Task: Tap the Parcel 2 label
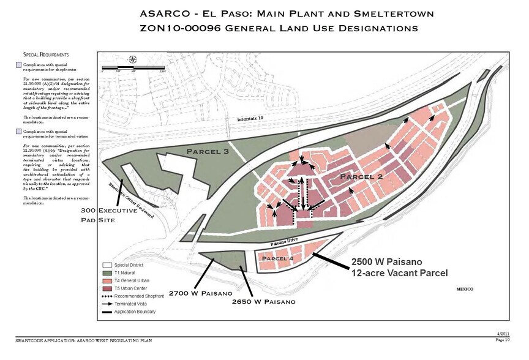pyautogui.click(x=361, y=177)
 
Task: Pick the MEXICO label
pyautogui.click(x=466, y=288)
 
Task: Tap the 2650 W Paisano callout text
pyautogui.click(x=264, y=302)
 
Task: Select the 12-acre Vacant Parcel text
pyautogui.click(x=400, y=272)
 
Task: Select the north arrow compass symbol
pyautogui.click(x=134, y=59)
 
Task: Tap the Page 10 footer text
pyautogui.click(x=501, y=339)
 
